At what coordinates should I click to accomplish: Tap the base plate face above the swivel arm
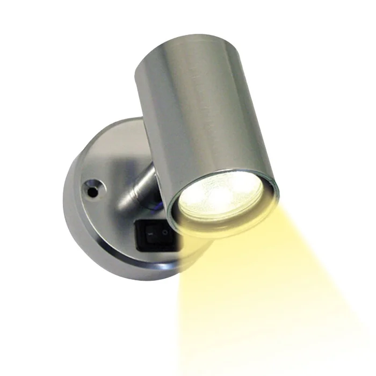pos(115,145)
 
